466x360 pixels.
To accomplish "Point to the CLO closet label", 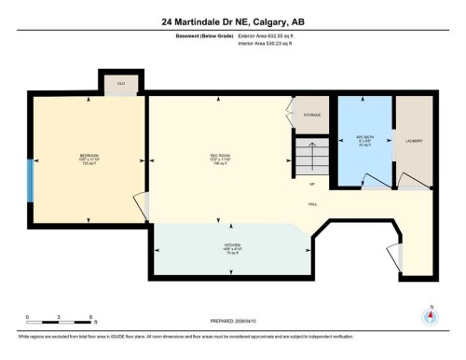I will [x=121, y=83].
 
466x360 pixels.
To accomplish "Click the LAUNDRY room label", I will [x=414, y=142].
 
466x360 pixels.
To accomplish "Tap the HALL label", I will [x=314, y=202].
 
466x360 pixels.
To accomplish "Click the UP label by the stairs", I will [x=311, y=183].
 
